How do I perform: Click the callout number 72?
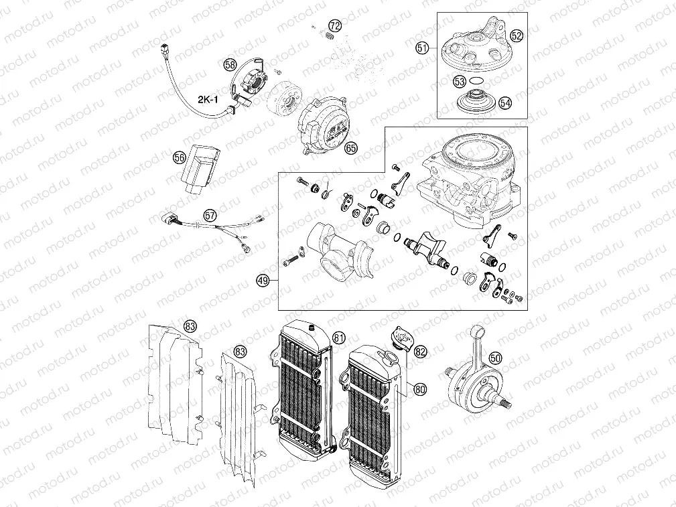coord(335,26)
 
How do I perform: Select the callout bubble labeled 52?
coord(517,35)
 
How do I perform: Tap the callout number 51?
coord(421,48)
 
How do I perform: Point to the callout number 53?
coord(459,81)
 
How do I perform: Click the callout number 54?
coord(504,102)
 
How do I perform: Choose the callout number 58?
coord(230,65)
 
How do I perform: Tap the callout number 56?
coord(179,157)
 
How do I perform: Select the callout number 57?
coord(210,216)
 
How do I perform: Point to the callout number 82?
coord(421,351)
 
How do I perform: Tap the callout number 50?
coord(494,358)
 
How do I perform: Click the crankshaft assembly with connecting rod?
coord(474,378)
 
